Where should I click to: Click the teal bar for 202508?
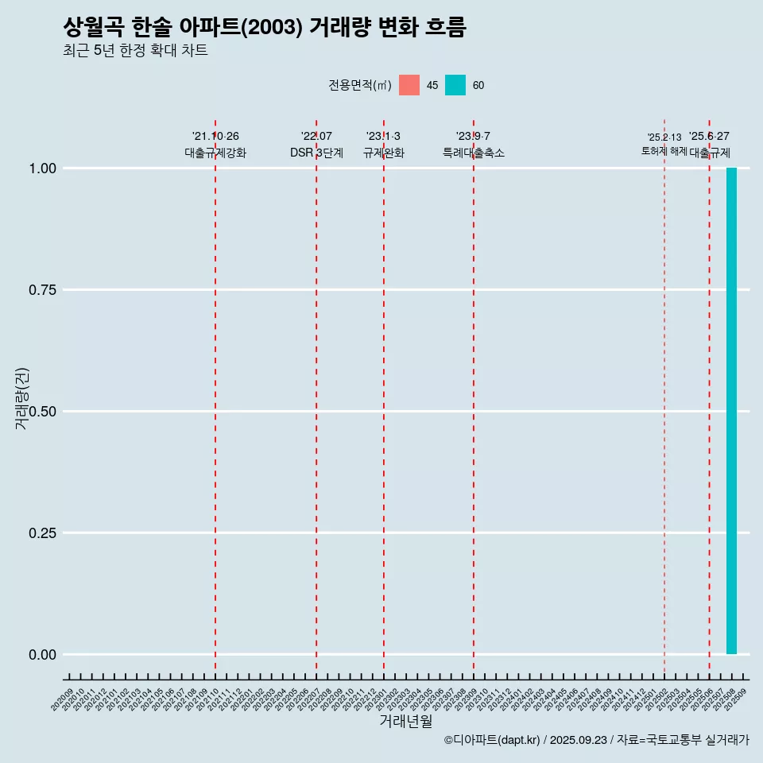tap(731, 411)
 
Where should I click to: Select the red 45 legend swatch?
tap(409, 85)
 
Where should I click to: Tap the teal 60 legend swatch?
tap(455, 85)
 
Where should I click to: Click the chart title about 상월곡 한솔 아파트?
tap(264, 28)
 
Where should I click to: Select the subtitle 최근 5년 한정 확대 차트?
tap(135, 51)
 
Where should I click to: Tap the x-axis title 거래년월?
tap(405, 722)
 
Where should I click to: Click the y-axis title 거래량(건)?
tap(21, 397)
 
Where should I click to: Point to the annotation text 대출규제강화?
tap(215, 153)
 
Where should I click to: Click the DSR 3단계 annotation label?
tap(316, 153)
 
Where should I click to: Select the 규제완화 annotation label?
tap(384, 153)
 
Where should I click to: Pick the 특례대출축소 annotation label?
tap(474, 153)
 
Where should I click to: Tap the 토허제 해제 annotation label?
tap(664, 151)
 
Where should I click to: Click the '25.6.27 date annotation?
tap(709, 137)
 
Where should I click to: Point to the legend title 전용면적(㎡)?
tap(359, 86)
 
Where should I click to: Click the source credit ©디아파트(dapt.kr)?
tap(492, 741)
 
